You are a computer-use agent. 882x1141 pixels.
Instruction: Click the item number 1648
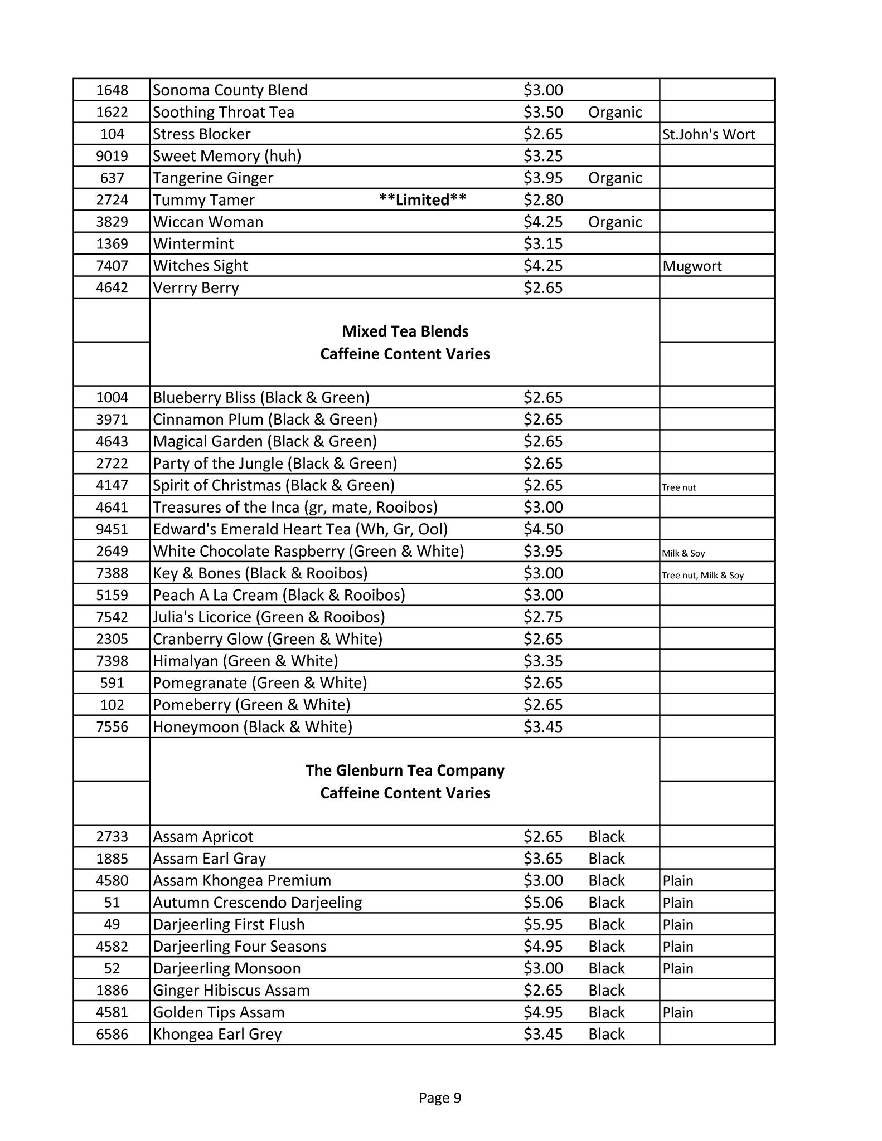112,90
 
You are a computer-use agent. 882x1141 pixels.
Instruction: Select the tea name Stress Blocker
201,134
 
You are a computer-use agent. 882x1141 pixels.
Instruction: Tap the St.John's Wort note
709,134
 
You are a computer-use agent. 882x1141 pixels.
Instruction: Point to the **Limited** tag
422,199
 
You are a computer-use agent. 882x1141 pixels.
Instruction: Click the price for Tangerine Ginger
543,178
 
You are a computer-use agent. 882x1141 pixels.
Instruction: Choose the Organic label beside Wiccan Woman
615,222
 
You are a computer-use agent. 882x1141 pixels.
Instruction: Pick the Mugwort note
692,266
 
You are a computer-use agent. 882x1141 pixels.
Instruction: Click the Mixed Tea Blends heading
405,331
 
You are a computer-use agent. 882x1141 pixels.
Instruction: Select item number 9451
112,529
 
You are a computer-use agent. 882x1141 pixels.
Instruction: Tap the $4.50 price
543,529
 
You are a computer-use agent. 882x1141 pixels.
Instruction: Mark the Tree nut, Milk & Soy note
702,575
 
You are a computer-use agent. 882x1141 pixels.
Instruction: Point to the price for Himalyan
543,661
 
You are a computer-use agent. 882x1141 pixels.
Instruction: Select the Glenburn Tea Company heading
405,771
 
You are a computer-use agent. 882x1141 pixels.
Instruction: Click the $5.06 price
543,902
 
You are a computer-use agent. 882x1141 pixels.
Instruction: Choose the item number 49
112,924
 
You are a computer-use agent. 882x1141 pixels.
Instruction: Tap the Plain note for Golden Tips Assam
678,1012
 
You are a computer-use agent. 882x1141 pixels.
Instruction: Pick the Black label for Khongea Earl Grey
607,1034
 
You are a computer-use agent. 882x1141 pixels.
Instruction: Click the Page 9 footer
440,1098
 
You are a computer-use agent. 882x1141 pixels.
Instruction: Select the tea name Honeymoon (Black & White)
253,726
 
